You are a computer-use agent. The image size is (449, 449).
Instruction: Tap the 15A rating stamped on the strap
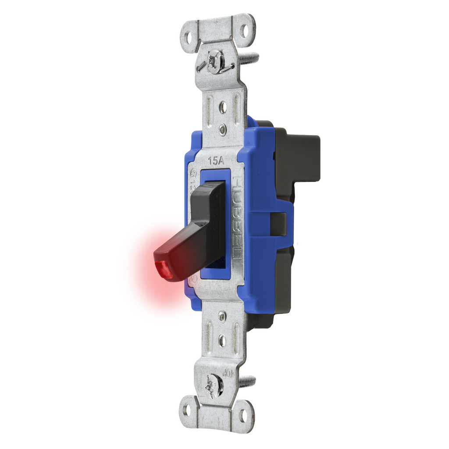(x=216, y=160)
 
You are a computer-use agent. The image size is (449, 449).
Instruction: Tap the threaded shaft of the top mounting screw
(x=248, y=57)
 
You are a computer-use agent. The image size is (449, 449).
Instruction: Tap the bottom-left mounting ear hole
(x=187, y=411)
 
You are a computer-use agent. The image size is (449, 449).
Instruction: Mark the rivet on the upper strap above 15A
(x=223, y=129)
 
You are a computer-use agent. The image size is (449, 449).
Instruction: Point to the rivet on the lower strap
(x=222, y=316)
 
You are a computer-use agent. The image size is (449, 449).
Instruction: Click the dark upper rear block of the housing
(x=303, y=158)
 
